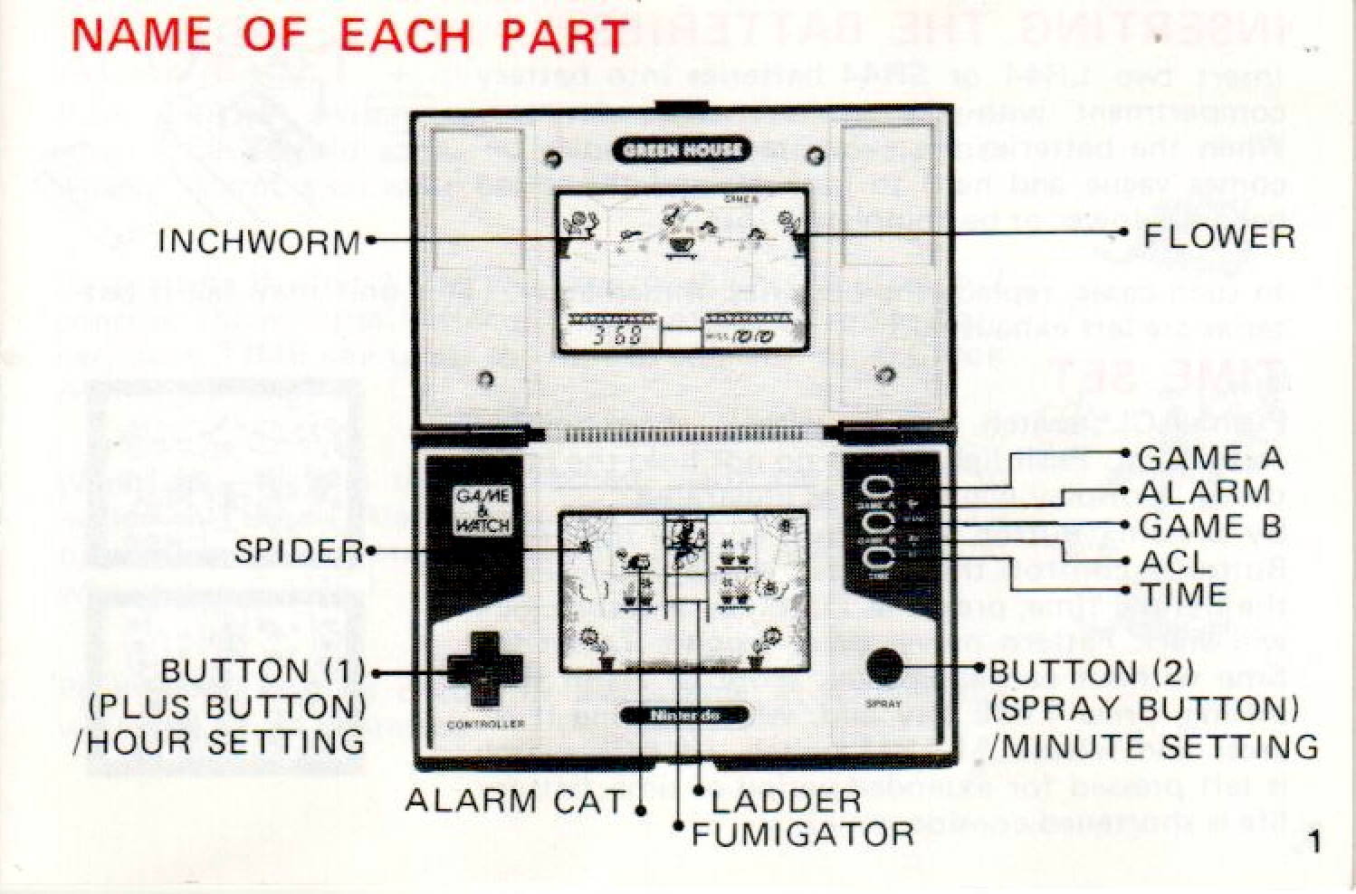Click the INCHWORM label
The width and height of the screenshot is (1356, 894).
(x=259, y=242)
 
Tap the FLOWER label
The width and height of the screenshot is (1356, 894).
(x=1218, y=236)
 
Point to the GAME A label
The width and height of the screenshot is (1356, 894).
(x=1210, y=458)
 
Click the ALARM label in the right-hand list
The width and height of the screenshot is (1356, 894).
(x=1204, y=492)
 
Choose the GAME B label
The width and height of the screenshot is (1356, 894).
(x=1210, y=526)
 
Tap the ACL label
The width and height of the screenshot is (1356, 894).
(x=1175, y=562)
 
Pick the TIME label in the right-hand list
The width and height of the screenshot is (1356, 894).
(x=1183, y=594)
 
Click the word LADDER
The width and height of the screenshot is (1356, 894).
(x=786, y=800)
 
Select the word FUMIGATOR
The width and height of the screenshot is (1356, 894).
(x=803, y=833)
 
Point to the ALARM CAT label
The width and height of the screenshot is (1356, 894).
(x=515, y=800)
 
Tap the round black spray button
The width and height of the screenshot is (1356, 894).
(x=884, y=667)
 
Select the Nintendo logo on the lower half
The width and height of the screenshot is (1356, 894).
(x=685, y=716)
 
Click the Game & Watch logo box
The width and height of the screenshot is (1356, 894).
(x=482, y=512)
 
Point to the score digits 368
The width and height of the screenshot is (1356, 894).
(x=617, y=337)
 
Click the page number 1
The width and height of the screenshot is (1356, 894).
(x=1314, y=843)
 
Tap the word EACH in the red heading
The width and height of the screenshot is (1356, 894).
(x=406, y=36)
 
